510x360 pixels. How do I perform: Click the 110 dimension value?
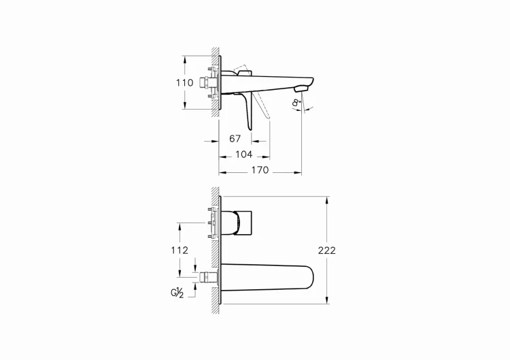coord(185,82)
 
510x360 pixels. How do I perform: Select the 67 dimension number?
coord(235,139)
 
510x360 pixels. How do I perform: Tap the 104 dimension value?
coord(244,154)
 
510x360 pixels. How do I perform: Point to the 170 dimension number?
coord(260,170)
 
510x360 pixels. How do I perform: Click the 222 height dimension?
coord(326,250)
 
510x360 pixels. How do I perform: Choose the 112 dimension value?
coord(180,250)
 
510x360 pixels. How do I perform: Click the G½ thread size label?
coord(177,293)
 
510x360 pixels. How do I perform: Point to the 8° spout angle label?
coord(296,102)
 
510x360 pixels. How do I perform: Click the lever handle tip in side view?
coord(250,128)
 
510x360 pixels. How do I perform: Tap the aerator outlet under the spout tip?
coord(301,89)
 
